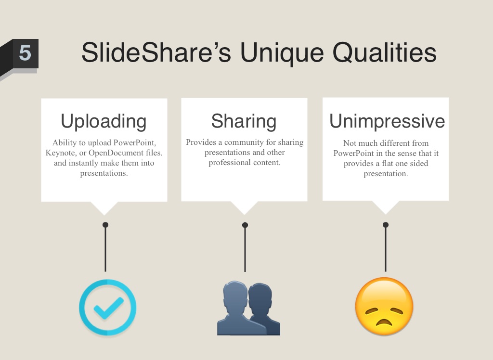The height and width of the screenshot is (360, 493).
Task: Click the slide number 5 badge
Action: tap(25, 53)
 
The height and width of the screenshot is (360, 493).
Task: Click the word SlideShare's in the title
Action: tap(156, 52)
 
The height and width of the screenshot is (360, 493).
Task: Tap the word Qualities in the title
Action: tap(384, 53)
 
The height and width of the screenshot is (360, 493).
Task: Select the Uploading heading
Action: tap(104, 121)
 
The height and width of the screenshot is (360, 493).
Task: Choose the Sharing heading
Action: tap(244, 121)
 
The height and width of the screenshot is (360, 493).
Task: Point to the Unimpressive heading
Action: tap(387, 121)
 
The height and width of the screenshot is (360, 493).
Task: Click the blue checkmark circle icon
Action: tap(107, 307)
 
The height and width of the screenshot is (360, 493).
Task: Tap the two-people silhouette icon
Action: tap(248, 308)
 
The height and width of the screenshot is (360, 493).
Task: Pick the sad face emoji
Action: tap(384, 306)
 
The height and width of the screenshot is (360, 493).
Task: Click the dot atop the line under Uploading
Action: tap(105, 225)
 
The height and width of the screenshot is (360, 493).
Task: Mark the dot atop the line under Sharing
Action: tap(245, 225)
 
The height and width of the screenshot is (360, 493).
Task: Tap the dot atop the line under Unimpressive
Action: tap(386, 225)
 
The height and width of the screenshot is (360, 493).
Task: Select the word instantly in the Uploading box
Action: tap(83, 163)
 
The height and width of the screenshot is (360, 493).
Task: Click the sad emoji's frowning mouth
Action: tap(384, 322)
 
